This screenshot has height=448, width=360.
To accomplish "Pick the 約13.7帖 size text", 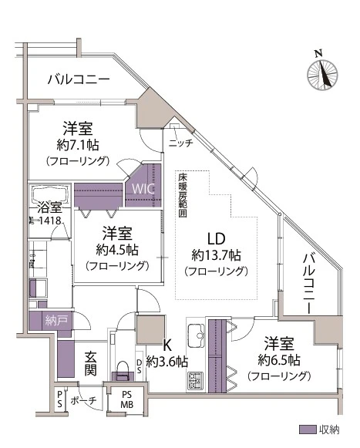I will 216,254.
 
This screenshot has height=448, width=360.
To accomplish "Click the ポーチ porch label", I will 82,401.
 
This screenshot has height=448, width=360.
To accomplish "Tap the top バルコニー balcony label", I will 78,79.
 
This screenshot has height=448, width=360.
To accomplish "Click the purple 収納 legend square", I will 305,429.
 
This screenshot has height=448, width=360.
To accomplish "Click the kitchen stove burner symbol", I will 196,379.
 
